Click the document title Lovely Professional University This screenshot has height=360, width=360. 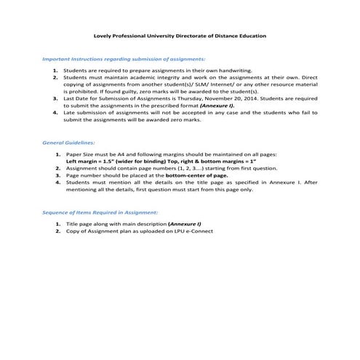coord(181,35)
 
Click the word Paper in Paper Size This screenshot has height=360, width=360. coord(74,156)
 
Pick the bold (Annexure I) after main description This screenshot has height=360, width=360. coord(185,225)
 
